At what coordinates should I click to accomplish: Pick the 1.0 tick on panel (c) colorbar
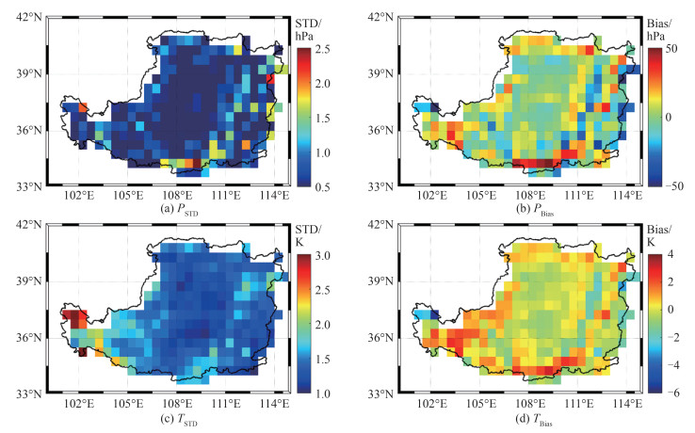(x=323, y=393)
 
